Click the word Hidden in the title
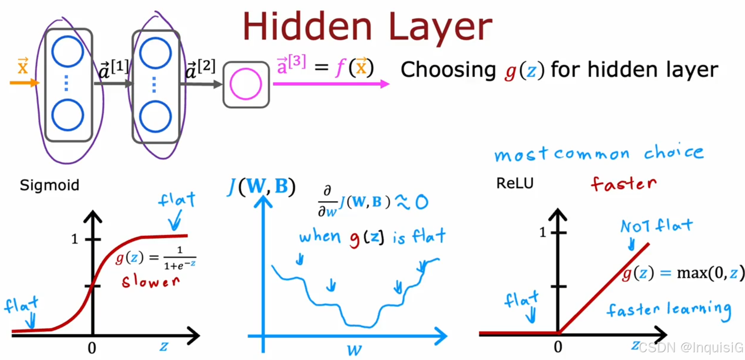point(308,26)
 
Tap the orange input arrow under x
point(25,82)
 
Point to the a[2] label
point(200,69)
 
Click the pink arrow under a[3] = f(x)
point(331,84)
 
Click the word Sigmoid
point(50,185)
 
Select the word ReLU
point(515,183)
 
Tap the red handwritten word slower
point(151,282)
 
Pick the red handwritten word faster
point(624,183)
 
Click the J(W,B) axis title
point(261,186)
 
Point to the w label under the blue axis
point(354,350)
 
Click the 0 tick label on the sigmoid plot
point(92,348)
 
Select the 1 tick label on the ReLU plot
point(543,233)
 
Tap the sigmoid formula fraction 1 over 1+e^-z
point(179,258)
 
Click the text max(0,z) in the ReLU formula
point(710,273)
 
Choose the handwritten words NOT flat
point(657,226)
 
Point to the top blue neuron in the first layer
point(67,51)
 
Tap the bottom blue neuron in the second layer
point(155,117)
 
